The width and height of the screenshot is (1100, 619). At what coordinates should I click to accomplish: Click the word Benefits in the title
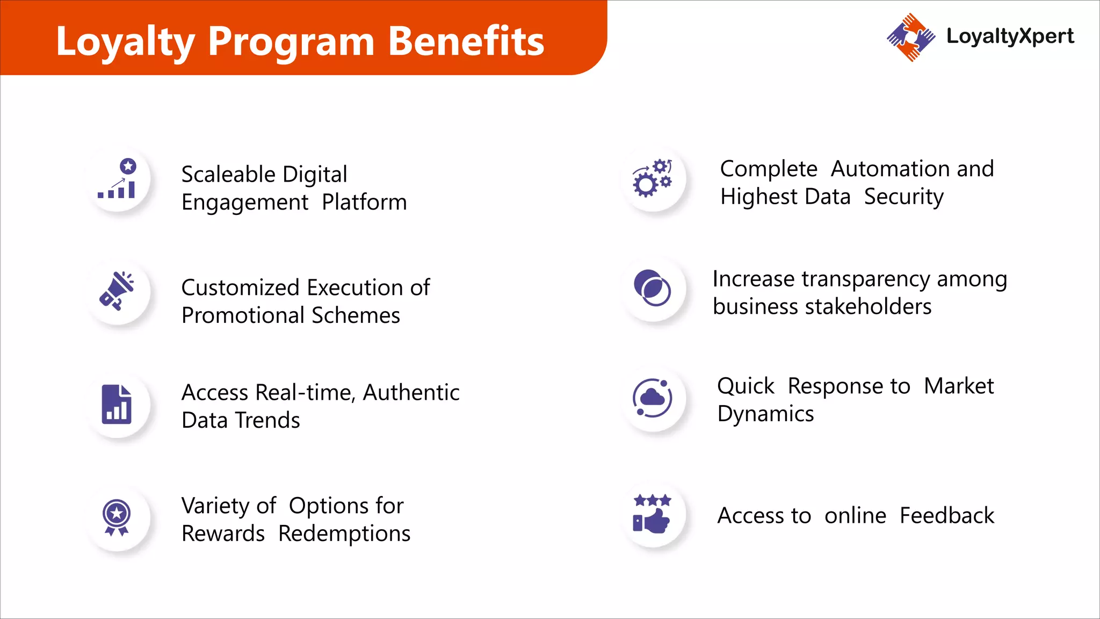[466, 41]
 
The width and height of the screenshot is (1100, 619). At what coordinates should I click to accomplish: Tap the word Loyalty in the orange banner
[125, 41]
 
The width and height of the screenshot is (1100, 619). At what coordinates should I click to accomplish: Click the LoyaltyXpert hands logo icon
[910, 37]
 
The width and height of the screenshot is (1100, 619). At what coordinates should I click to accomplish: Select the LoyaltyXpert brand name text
[1010, 36]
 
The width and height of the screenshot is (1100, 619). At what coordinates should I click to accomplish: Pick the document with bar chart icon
[117, 405]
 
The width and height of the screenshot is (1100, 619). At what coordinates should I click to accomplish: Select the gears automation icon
[653, 178]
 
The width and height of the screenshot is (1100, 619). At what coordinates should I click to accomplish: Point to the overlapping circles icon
[652, 288]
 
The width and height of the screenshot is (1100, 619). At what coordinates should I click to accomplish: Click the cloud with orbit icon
[652, 398]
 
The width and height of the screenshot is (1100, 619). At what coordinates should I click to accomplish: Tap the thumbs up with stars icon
[652, 514]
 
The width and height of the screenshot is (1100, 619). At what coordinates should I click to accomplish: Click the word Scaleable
[228, 175]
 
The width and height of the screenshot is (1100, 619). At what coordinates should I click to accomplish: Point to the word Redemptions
[344, 534]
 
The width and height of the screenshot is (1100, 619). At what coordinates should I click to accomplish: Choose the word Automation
[890, 169]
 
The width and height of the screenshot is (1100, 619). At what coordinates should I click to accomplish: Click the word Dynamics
[765, 414]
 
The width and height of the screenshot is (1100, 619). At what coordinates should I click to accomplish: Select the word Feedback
[946, 516]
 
